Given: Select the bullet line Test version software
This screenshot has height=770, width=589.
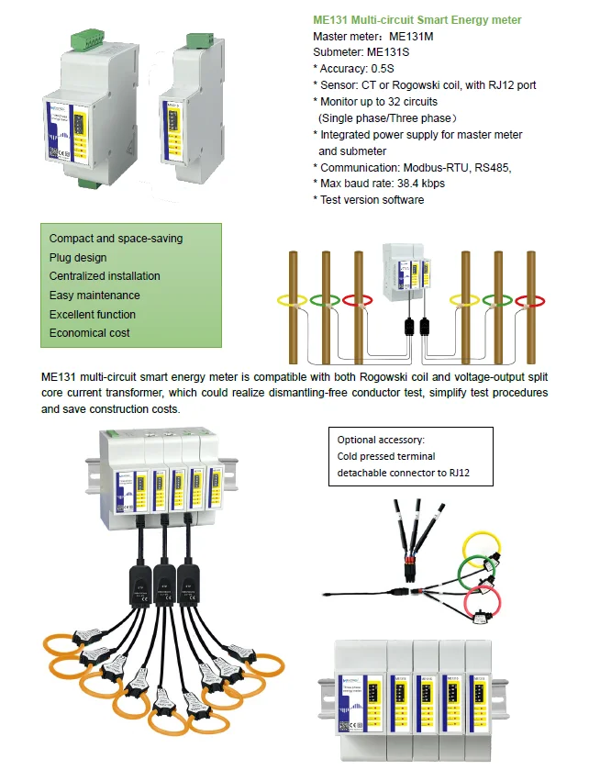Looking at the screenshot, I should (x=372, y=200).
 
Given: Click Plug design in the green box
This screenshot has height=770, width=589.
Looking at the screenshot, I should (x=78, y=258).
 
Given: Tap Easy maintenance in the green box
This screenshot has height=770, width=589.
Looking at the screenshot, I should (x=94, y=296).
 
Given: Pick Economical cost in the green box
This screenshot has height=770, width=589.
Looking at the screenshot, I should (x=90, y=333).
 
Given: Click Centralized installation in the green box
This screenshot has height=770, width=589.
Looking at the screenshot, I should (x=105, y=276).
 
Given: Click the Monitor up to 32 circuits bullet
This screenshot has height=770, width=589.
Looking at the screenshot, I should (x=379, y=102).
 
